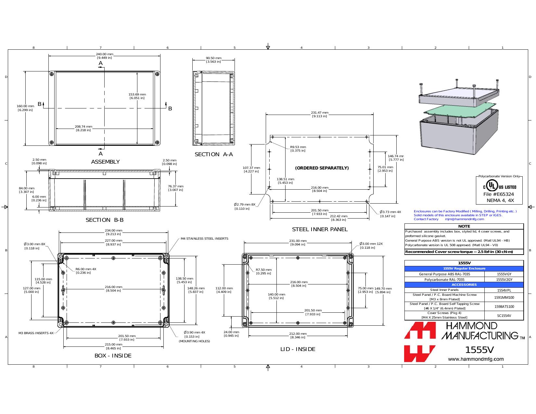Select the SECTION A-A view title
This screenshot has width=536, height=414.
214,154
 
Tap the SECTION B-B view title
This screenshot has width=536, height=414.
105,220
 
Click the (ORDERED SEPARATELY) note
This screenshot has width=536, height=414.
322,168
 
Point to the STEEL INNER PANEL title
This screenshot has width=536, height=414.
320,229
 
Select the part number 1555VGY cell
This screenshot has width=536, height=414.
504,274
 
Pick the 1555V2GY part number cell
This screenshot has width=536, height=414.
504,280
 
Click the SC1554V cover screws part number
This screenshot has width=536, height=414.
504,316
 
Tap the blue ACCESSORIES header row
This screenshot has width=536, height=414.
464,284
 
